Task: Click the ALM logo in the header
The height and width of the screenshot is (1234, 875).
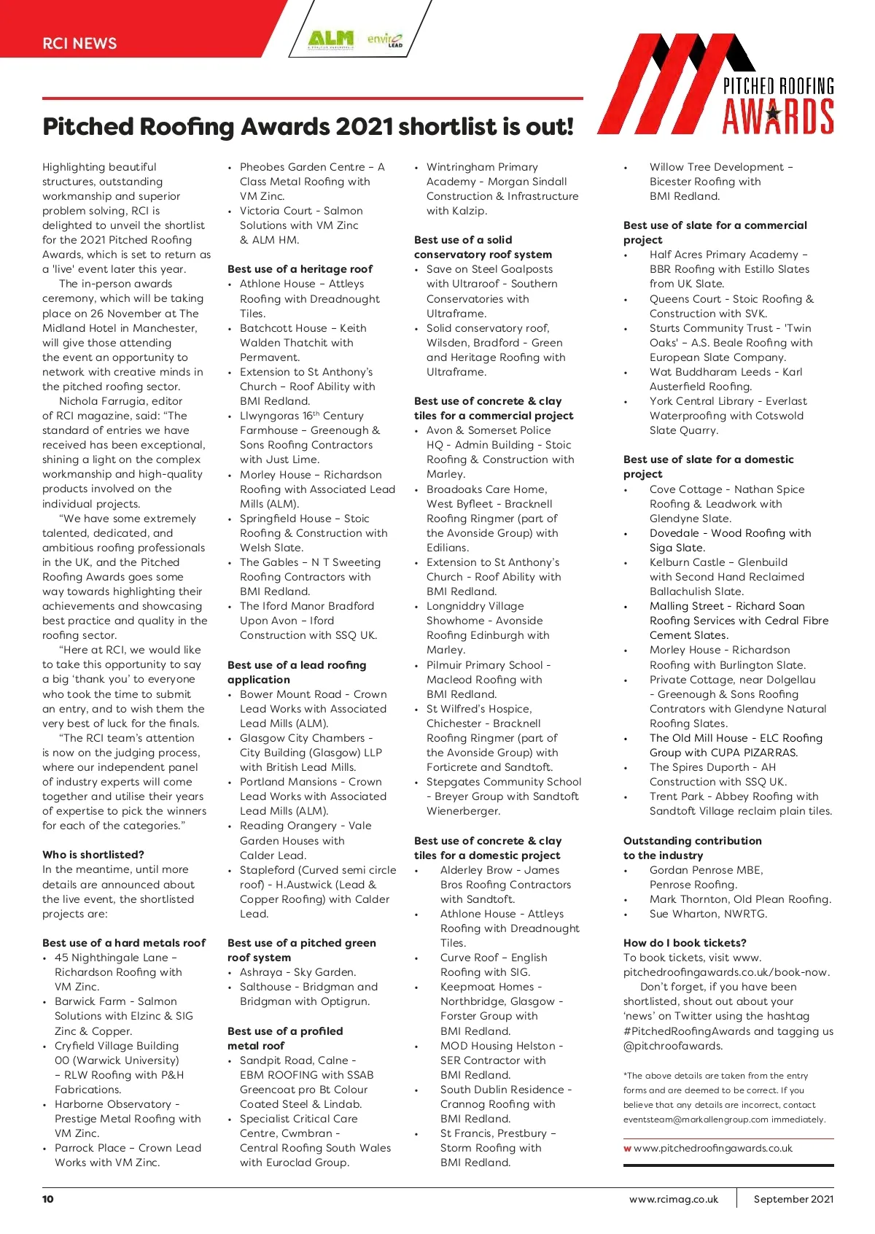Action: coord(330,39)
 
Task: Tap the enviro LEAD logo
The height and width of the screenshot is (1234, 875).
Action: coord(385,39)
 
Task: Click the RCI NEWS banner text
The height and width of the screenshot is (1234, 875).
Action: coord(79,43)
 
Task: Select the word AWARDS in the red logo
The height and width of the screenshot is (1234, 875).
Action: coord(778,117)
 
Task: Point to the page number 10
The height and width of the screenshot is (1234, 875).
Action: coord(48,1199)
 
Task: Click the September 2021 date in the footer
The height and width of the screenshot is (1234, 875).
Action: coord(793,1199)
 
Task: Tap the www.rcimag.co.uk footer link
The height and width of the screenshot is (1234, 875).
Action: coord(673,1199)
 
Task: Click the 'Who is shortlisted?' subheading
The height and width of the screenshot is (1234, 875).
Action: coord(93,855)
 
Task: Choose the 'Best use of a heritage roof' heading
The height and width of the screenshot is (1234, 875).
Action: coord(300,269)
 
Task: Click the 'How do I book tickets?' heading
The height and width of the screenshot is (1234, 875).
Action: coord(685,943)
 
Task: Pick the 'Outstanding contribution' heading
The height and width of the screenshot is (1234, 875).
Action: coord(692,841)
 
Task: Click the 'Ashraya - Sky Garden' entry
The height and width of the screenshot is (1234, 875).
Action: coord(297,972)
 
